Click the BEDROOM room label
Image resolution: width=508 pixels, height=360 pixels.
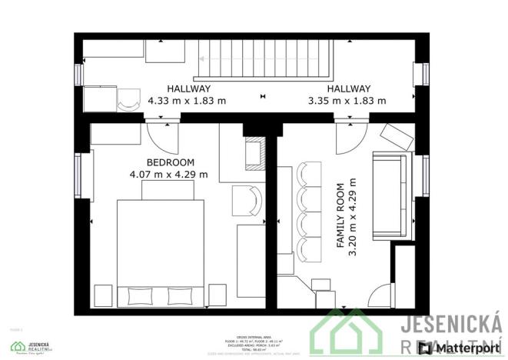pyautogui.click(x=171, y=162)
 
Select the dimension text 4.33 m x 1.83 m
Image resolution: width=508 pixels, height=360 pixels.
pyautogui.click(x=187, y=100)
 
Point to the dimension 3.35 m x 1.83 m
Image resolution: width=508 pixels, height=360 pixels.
pyautogui.click(x=347, y=100)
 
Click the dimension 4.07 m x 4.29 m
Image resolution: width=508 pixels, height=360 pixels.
pyautogui.click(x=169, y=175)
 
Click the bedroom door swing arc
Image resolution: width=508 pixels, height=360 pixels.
pyautogui.click(x=160, y=138)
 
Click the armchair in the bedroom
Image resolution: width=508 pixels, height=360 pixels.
pyautogui.click(x=247, y=200)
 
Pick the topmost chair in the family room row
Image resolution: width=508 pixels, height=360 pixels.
pyautogui.click(x=310, y=175)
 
